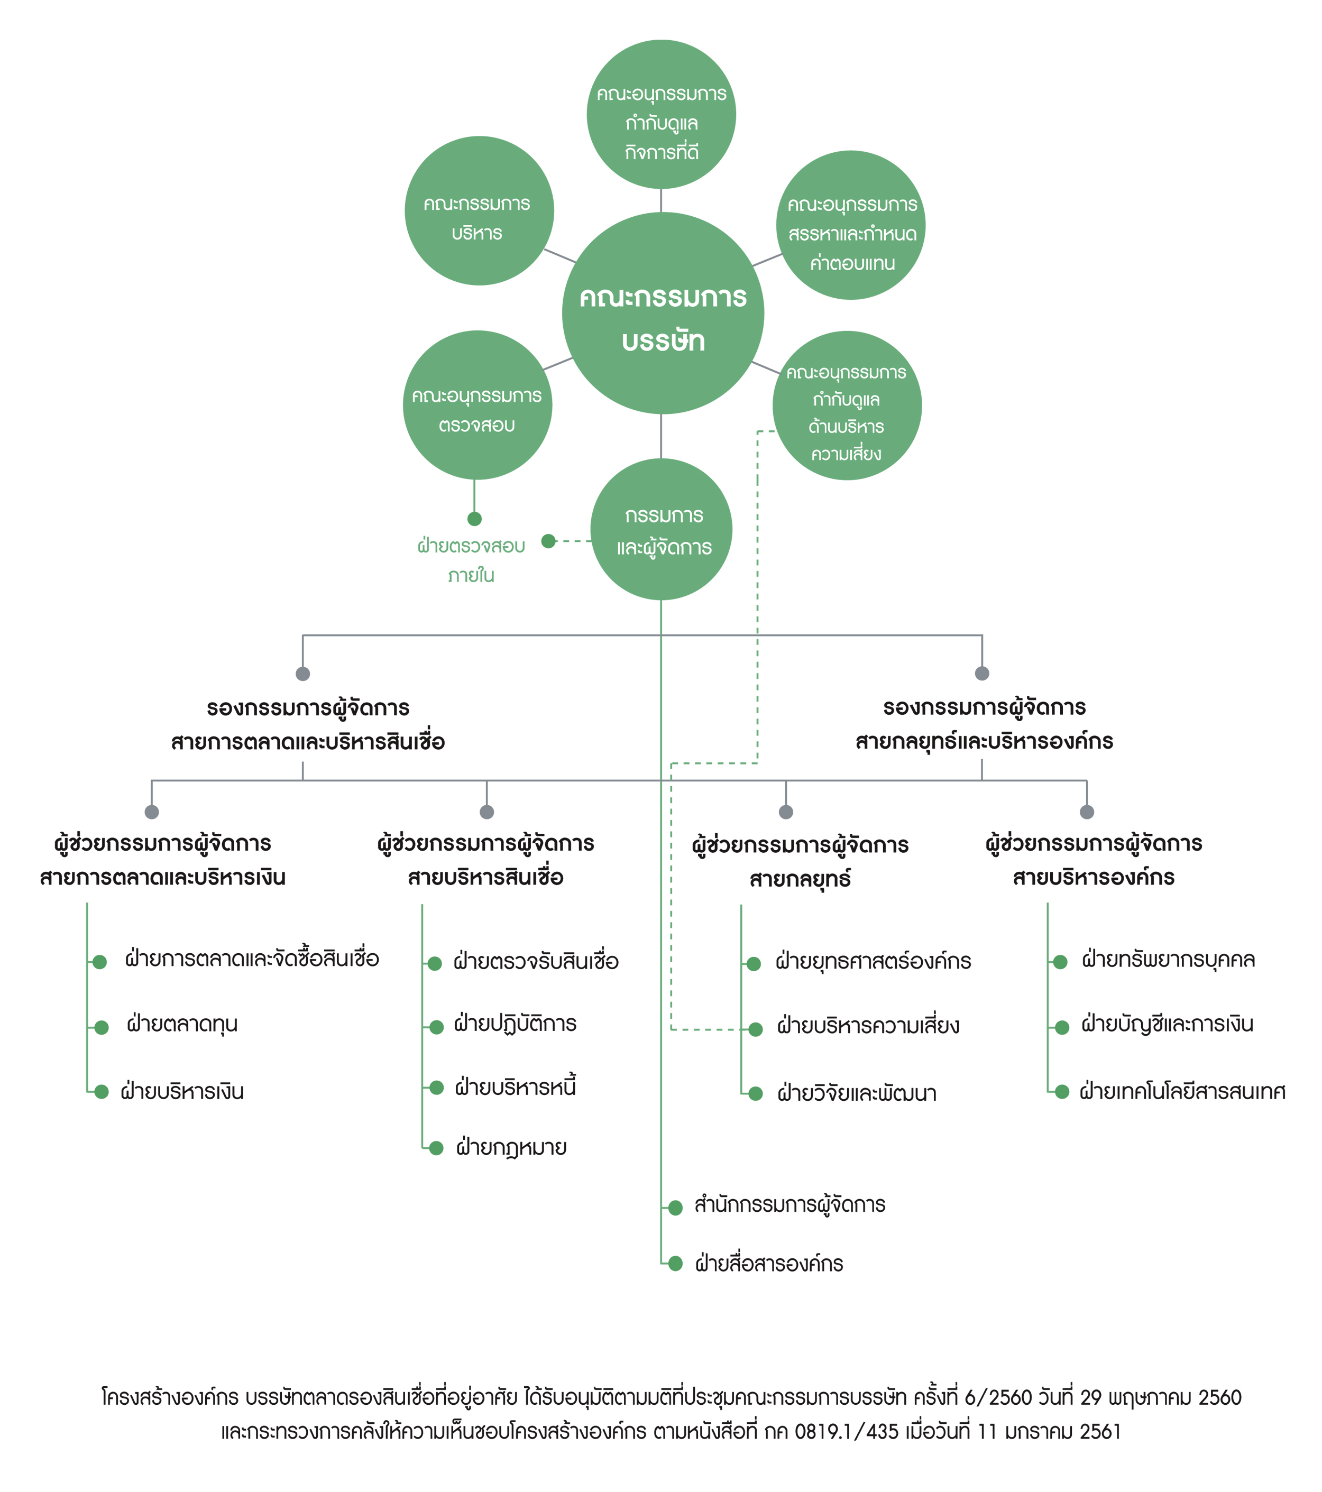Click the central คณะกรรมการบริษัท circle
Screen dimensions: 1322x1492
tap(662, 313)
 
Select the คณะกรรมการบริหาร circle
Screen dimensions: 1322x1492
tap(479, 210)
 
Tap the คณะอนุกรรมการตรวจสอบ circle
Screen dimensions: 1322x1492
tap(478, 405)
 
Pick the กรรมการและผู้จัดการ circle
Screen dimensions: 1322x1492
tap(662, 529)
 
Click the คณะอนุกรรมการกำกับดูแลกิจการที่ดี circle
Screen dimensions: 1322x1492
tap(662, 115)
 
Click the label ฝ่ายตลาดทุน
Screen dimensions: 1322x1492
tap(182, 1025)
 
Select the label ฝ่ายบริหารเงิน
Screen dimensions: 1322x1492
tap(182, 1091)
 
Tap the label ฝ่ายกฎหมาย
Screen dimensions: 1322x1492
tap(512, 1147)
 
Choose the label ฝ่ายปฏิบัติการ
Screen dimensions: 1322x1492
tap(516, 1024)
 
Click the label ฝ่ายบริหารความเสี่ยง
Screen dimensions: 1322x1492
tap(868, 1026)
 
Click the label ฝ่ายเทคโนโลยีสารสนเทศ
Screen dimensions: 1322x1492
tap(1182, 1091)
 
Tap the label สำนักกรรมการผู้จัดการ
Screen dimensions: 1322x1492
tap(790, 1204)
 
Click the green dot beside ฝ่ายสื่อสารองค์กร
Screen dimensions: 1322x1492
tap(675, 1264)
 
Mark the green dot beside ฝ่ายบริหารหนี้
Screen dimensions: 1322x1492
tap(437, 1088)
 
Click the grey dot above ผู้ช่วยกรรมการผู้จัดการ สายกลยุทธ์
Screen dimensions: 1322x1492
tap(785, 812)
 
